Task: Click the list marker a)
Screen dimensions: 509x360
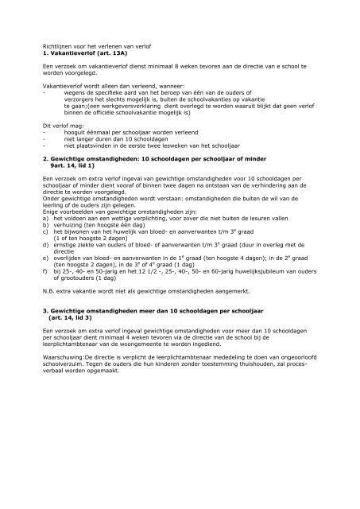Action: (x=45, y=231)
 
